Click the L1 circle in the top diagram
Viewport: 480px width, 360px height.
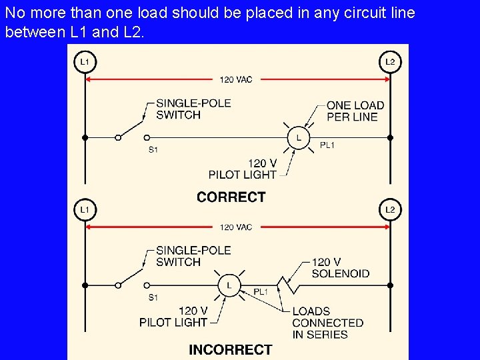(x=84, y=62)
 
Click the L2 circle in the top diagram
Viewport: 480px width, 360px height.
(x=390, y=62)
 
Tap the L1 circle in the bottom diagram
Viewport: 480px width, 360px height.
(x=84, y=209)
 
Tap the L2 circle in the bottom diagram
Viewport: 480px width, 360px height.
(x=390, y=209)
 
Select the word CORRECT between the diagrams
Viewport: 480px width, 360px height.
(x=231, y=197)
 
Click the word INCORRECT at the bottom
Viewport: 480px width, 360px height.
(x=231, y=349)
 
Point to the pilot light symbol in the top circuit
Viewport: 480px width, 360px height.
(x=298, y=138)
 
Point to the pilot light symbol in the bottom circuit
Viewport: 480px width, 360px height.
(x=229, y=285)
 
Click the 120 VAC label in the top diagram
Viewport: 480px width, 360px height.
(x=236, y=80)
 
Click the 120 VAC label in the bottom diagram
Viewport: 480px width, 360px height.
(x=236, y=227)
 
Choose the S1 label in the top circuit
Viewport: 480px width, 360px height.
(x=153, y=150)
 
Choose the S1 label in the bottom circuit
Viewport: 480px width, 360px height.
(x=153, y=297)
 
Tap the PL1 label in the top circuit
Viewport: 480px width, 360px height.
(x=327, y=145)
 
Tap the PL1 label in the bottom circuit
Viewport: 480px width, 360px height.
(x=261, y=292)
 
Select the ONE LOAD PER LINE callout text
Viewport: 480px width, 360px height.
(x=355, y=111)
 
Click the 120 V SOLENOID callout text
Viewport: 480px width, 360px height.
(x=340, y=268)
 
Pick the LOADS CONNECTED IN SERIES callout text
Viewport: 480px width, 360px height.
(x=327, y=323)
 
